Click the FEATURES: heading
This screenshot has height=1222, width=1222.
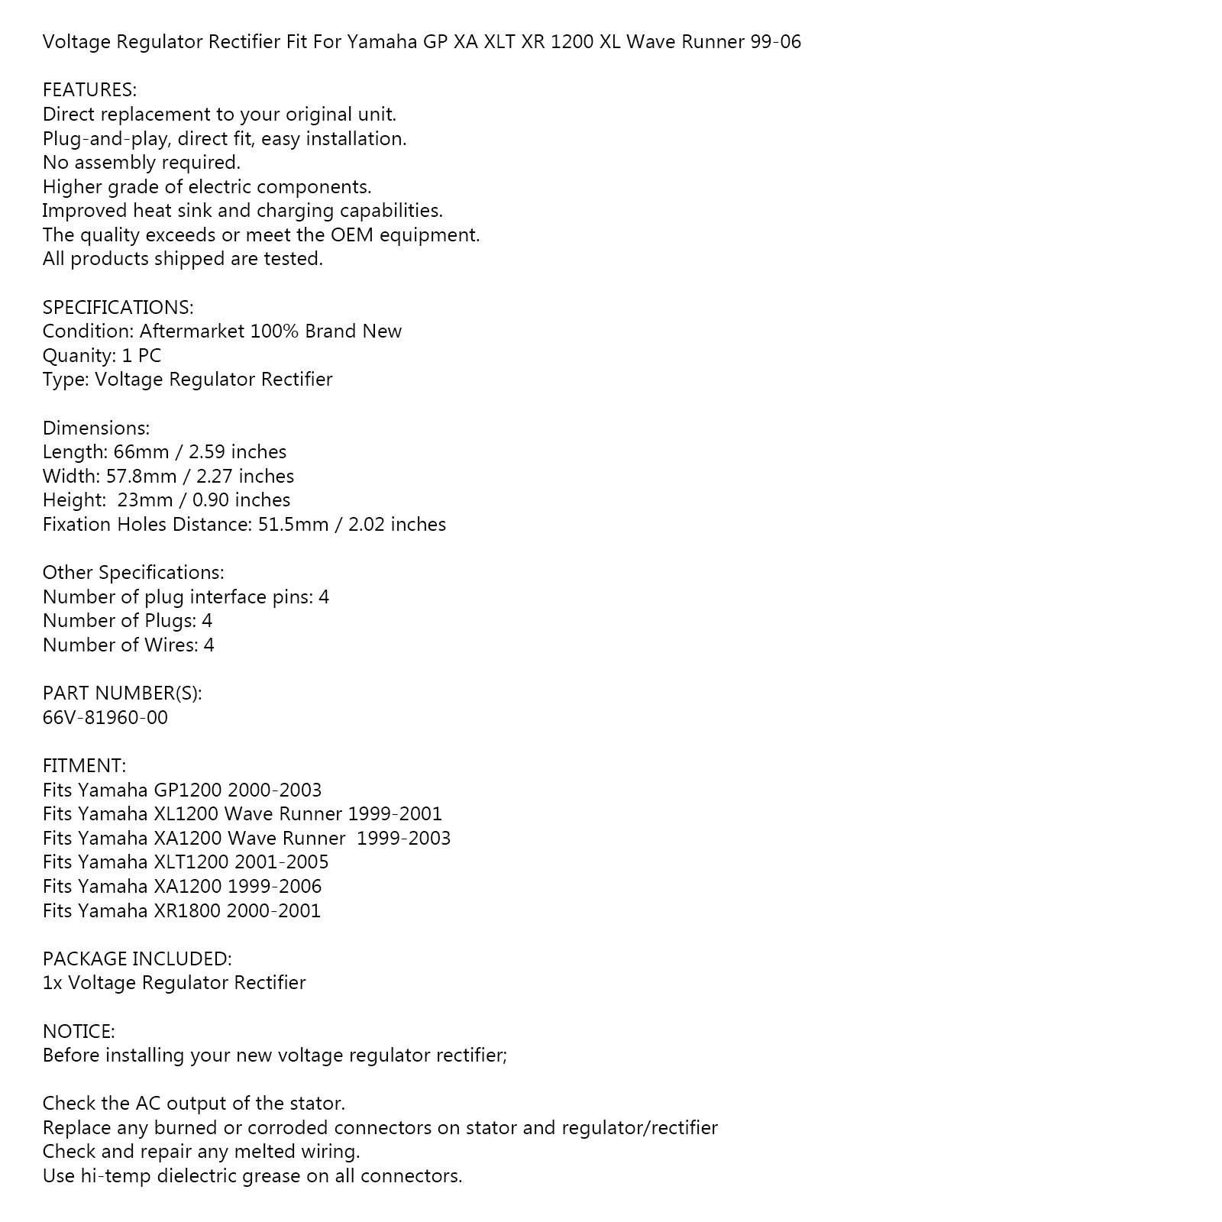89,90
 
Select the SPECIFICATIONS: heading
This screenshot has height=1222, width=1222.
118,307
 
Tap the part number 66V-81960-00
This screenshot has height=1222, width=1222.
105,717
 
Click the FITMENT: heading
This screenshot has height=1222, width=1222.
84,765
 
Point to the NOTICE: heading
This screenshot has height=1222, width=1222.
79,1031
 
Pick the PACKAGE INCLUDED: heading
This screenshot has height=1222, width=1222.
137,959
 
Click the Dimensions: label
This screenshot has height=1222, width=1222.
96,428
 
